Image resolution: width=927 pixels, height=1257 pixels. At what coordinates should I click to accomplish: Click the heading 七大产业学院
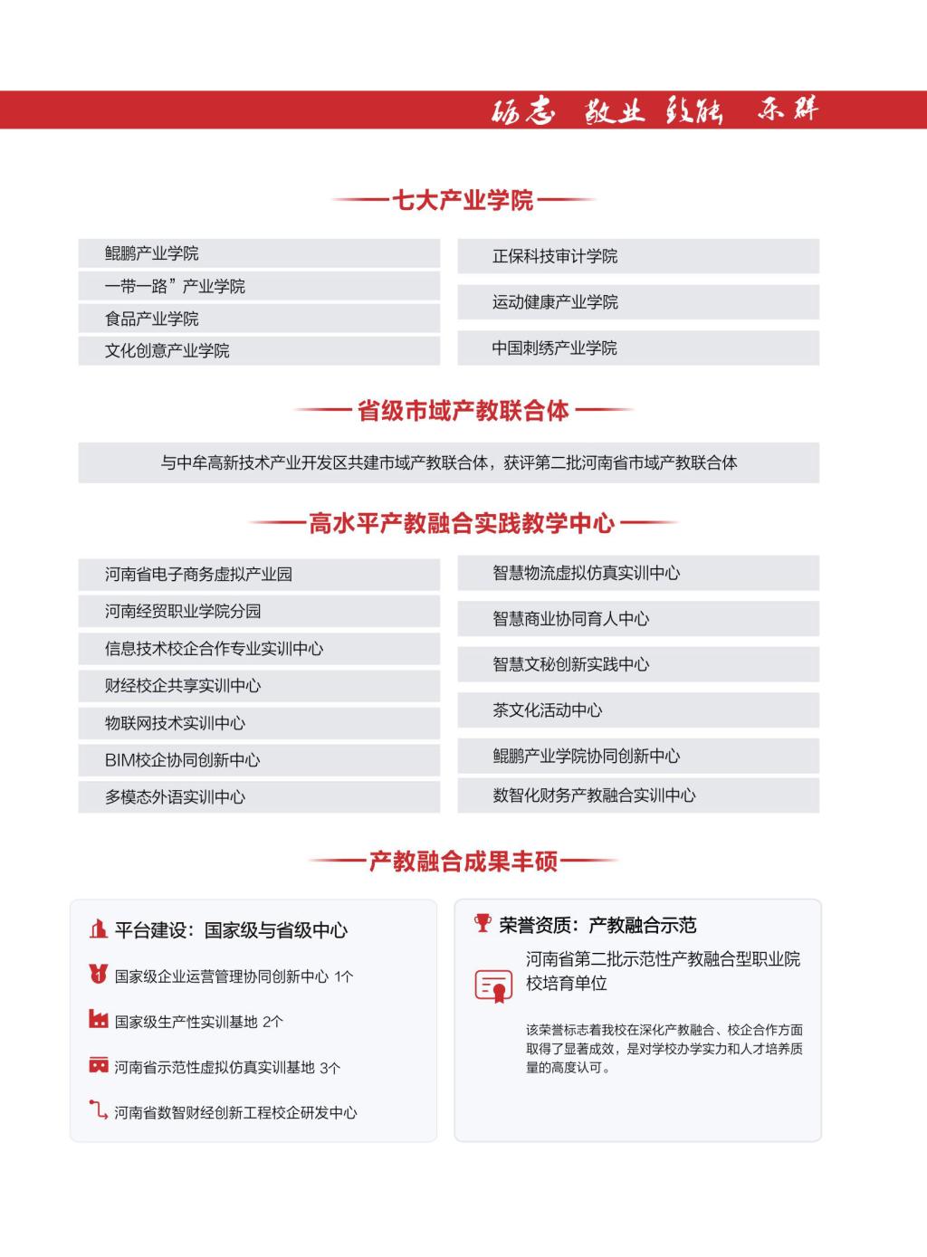[x=463, y=200]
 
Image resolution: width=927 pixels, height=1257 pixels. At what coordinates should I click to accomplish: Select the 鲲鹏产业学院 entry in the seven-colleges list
[x=151, y=253]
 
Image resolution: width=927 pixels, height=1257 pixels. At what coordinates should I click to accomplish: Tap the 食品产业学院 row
[x=151, y=319]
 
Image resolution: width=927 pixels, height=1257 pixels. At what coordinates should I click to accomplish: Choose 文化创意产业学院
[x=167, y=350]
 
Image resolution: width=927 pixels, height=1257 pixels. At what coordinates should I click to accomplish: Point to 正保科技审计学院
[x=554, y=256]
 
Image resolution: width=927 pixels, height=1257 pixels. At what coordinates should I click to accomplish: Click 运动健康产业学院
[x=554, y=302]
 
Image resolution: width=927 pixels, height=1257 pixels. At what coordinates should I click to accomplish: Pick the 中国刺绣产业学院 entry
[x=554, y=348]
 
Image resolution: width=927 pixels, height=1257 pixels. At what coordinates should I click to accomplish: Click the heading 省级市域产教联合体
[x=463, y=411]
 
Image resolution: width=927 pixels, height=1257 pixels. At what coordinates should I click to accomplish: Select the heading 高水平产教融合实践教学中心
[x=462, y=523]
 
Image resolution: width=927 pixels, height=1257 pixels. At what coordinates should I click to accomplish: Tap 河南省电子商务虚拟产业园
[x=198, y=574]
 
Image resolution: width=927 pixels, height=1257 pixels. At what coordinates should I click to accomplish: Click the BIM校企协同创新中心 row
[x=182, y=760]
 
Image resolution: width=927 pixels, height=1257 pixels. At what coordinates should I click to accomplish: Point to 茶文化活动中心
[x=547, y=710]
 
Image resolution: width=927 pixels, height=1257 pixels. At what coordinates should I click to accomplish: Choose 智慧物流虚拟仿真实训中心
[x=586, y=573]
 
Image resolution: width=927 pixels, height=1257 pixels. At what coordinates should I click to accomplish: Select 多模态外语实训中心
[x=175, y=797]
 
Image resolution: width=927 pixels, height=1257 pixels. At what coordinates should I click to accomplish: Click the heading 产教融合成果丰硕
[x=463, y=861]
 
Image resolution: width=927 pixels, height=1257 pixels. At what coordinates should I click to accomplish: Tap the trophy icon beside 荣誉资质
[x=483, y=923]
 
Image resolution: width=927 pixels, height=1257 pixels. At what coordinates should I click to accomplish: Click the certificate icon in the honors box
[x=493, y=985]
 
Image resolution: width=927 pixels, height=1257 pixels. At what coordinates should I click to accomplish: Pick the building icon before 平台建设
[x=98, y=928]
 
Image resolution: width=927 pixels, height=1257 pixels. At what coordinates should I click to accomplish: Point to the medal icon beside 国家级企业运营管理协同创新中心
[x=98, y=975]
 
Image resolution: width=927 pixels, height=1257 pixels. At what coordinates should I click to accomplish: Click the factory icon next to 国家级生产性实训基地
[x=98, y=1020]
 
